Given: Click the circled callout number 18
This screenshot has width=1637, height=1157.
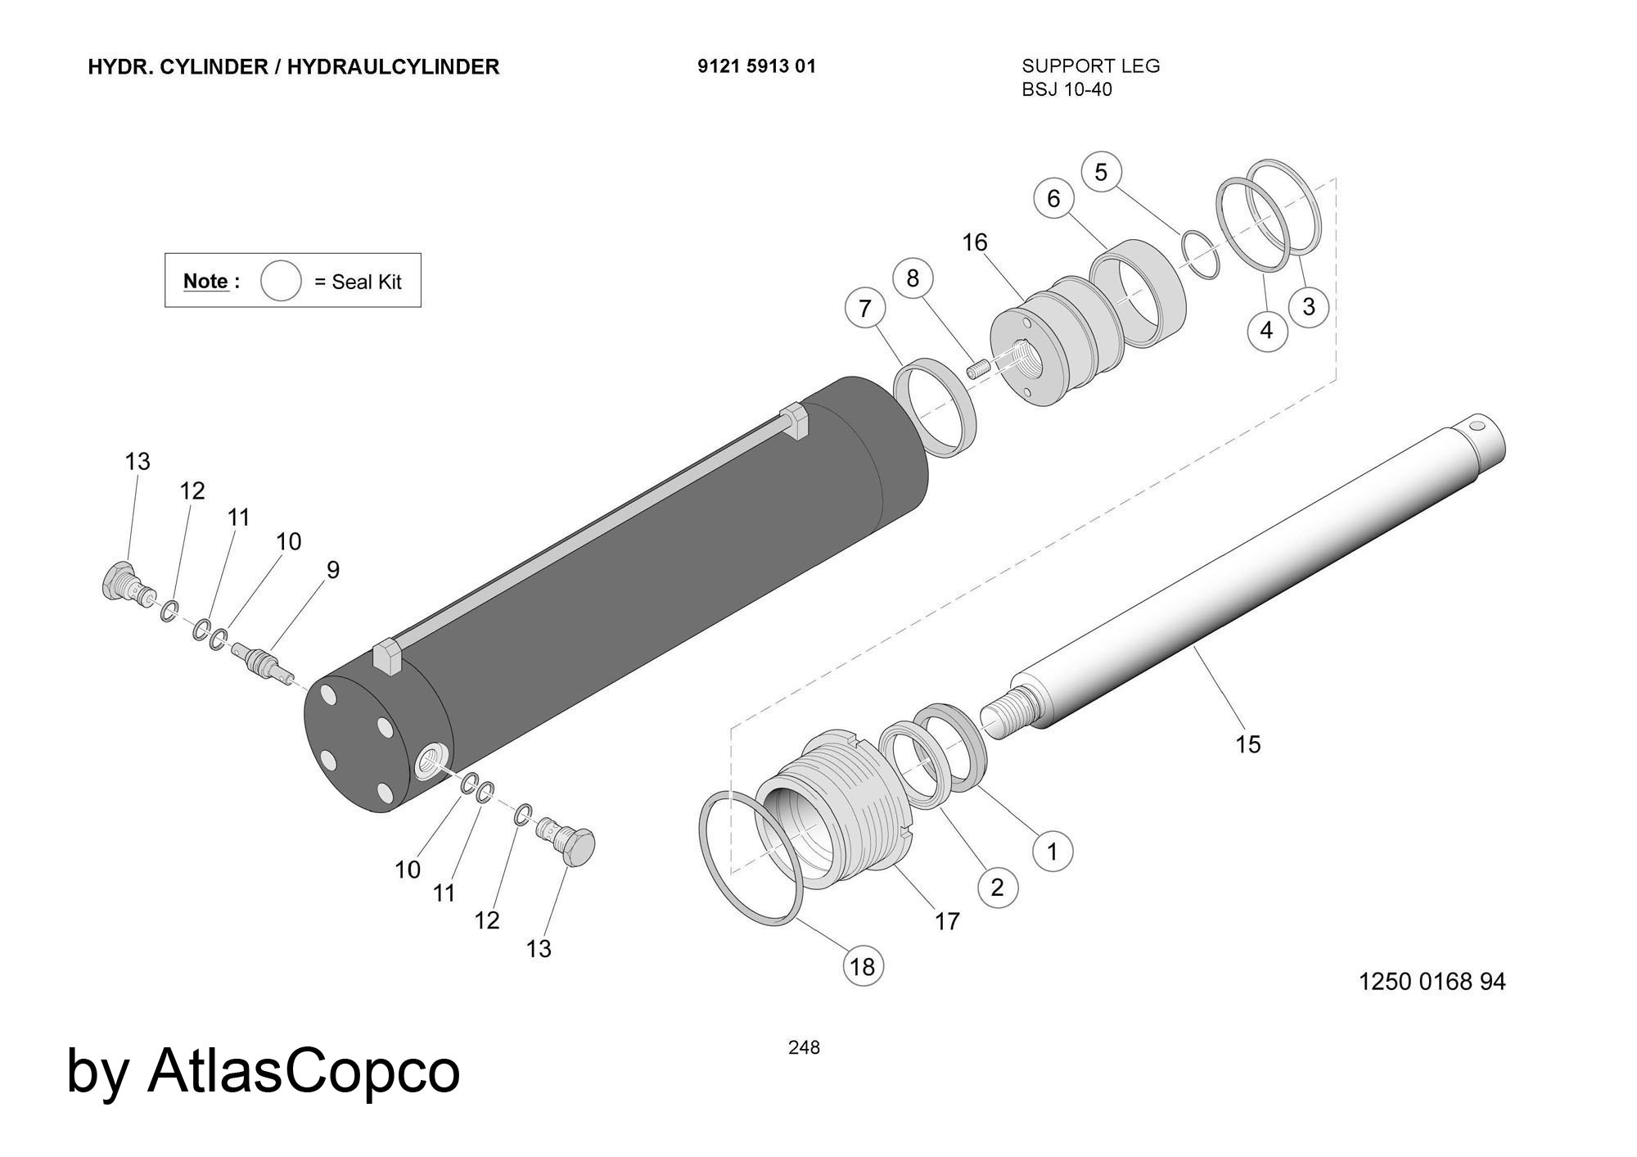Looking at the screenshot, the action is click(863, 967).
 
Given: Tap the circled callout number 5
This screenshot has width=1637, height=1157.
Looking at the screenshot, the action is click(1101, 172).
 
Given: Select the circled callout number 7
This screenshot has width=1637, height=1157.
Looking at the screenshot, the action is click(865, 309).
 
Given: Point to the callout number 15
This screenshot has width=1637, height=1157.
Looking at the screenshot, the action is click(1248, 744).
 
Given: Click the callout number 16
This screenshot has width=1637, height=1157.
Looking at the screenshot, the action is click(975, 242).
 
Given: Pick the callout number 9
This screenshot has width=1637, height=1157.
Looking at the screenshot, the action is click(333, 570).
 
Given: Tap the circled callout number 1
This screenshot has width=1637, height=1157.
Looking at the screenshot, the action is click(1053, 852).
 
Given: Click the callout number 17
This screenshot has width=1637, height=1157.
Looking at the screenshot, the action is click(947, 922).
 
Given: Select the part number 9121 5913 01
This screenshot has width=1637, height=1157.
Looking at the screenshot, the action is click(756, 66).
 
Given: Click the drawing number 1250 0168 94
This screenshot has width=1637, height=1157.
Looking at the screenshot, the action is click(1432, 981).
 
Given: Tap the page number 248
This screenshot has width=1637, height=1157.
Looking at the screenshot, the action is click(804, 1047).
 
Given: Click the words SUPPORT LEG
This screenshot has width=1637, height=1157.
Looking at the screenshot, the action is click(1091, 66).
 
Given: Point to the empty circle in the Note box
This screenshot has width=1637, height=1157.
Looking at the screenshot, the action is click(281, 281).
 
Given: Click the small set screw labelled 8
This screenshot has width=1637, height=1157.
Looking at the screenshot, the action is click(977, 370).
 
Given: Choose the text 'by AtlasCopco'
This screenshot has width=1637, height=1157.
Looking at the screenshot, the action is click(263, 1070).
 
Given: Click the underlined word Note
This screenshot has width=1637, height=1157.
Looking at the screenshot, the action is click(205, 281).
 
